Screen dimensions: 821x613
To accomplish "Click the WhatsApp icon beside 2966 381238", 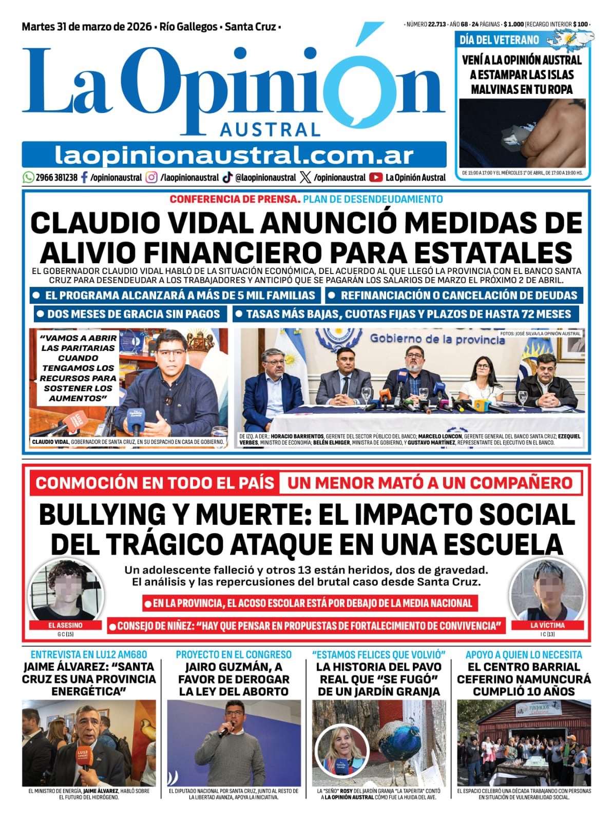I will point(28,178).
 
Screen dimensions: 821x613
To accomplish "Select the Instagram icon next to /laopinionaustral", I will point(151,178).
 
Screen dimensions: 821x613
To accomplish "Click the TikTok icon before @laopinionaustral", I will point(227,178).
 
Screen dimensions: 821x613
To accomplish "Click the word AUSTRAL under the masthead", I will point(270,130).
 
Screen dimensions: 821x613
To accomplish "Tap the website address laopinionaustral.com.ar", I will point(234,155).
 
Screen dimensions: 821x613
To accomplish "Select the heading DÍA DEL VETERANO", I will point(499,40).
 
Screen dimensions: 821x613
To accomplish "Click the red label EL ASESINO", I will point(65,625).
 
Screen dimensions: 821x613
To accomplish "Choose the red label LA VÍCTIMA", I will point(547,625).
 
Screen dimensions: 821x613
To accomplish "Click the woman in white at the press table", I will point(483,382).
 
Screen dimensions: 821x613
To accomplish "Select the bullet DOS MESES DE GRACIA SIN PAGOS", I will point(129,314).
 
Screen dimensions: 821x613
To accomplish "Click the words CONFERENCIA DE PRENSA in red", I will point(235,199).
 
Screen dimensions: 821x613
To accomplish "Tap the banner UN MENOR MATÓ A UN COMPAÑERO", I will point(430,483).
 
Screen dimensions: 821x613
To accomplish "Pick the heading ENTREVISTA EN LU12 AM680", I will point(89,655).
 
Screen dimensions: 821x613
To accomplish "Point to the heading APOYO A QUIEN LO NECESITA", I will point(524,655).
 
